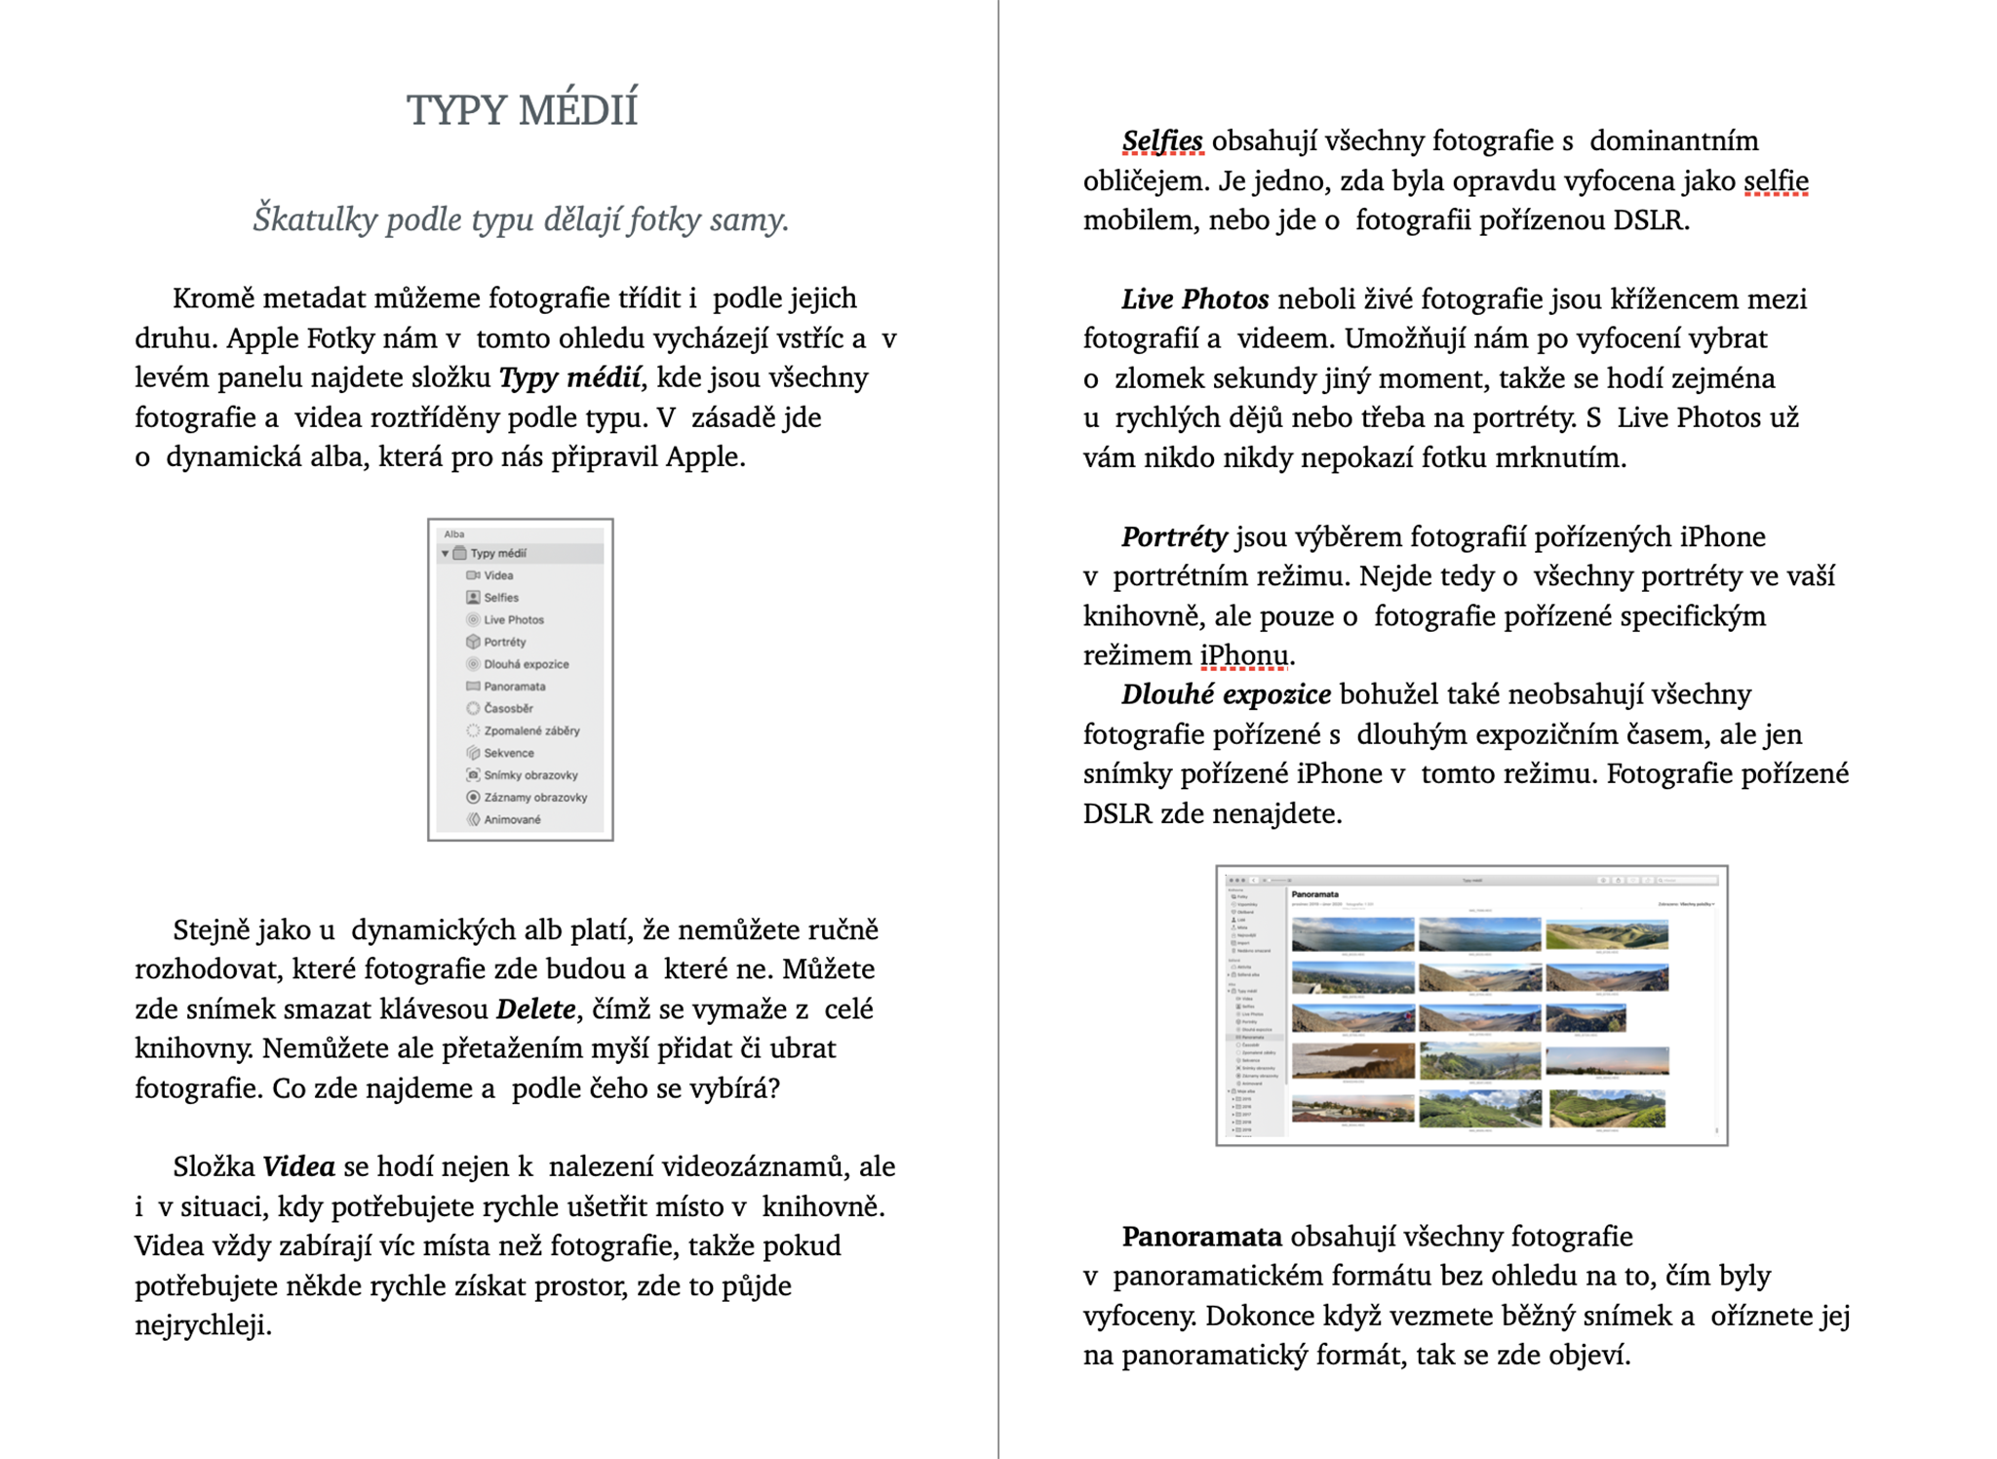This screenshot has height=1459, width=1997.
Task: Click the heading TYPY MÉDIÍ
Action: click(x=522, y=109)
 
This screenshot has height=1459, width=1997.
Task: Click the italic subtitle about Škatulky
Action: click(x=521, y=218)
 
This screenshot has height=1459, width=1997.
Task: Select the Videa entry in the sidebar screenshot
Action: click(x=497, y=575)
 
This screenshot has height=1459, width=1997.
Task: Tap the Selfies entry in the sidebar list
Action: click(x=500, y=598)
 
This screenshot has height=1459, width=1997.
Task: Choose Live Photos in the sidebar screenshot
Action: click(x=513, y=620)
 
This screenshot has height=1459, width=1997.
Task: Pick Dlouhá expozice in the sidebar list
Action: click(x=526, y=664)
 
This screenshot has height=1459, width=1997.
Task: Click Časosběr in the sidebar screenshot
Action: click(x=508, y=709)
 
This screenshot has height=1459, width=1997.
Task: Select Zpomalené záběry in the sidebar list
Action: click(x=530, y=730)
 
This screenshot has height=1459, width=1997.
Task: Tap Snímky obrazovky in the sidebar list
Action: click(x=529, y=775)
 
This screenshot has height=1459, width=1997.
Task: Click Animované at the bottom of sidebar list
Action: click(x=511, y=820)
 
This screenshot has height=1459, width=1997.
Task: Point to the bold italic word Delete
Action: click(x=535, y=1008)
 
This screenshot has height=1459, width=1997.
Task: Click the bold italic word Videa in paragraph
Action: click(x=298, y=1166)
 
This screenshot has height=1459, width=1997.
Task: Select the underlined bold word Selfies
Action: click(x=1161, y=141)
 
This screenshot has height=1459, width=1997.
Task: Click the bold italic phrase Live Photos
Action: click(x=1194, y=299)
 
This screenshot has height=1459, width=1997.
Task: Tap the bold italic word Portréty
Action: click(x=1174, y=536)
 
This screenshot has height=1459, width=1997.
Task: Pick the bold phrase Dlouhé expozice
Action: click(x=1226, y=694)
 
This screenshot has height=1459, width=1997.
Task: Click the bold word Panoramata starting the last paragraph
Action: click(x=1201, y=1237)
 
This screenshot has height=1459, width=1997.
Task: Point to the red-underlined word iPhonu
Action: click(x=1244, y=655)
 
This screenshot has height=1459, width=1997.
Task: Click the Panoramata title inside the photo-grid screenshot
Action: click(x=1315, y=894)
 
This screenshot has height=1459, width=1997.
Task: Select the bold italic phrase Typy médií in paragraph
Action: click(x=570, y=377)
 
